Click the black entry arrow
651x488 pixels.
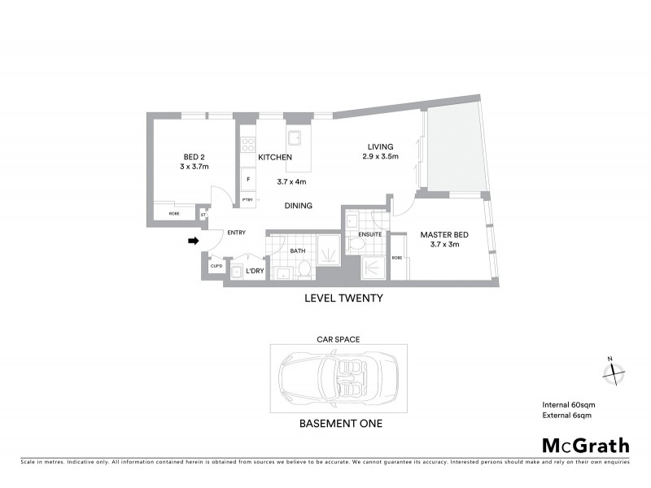click(193, 241)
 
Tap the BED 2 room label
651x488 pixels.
click(194, 157)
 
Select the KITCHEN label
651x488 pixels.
click(275, 157)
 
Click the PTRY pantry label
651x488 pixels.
click(247, 199)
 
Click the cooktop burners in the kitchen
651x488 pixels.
click(247, 147)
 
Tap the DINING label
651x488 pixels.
click(299, 206)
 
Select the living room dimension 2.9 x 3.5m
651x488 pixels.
click(380, 157)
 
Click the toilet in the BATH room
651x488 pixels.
click(302, 268)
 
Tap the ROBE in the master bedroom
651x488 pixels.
click(397, 258)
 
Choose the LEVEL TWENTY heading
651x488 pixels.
click(343, 298)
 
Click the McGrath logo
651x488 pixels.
click(586, 445)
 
